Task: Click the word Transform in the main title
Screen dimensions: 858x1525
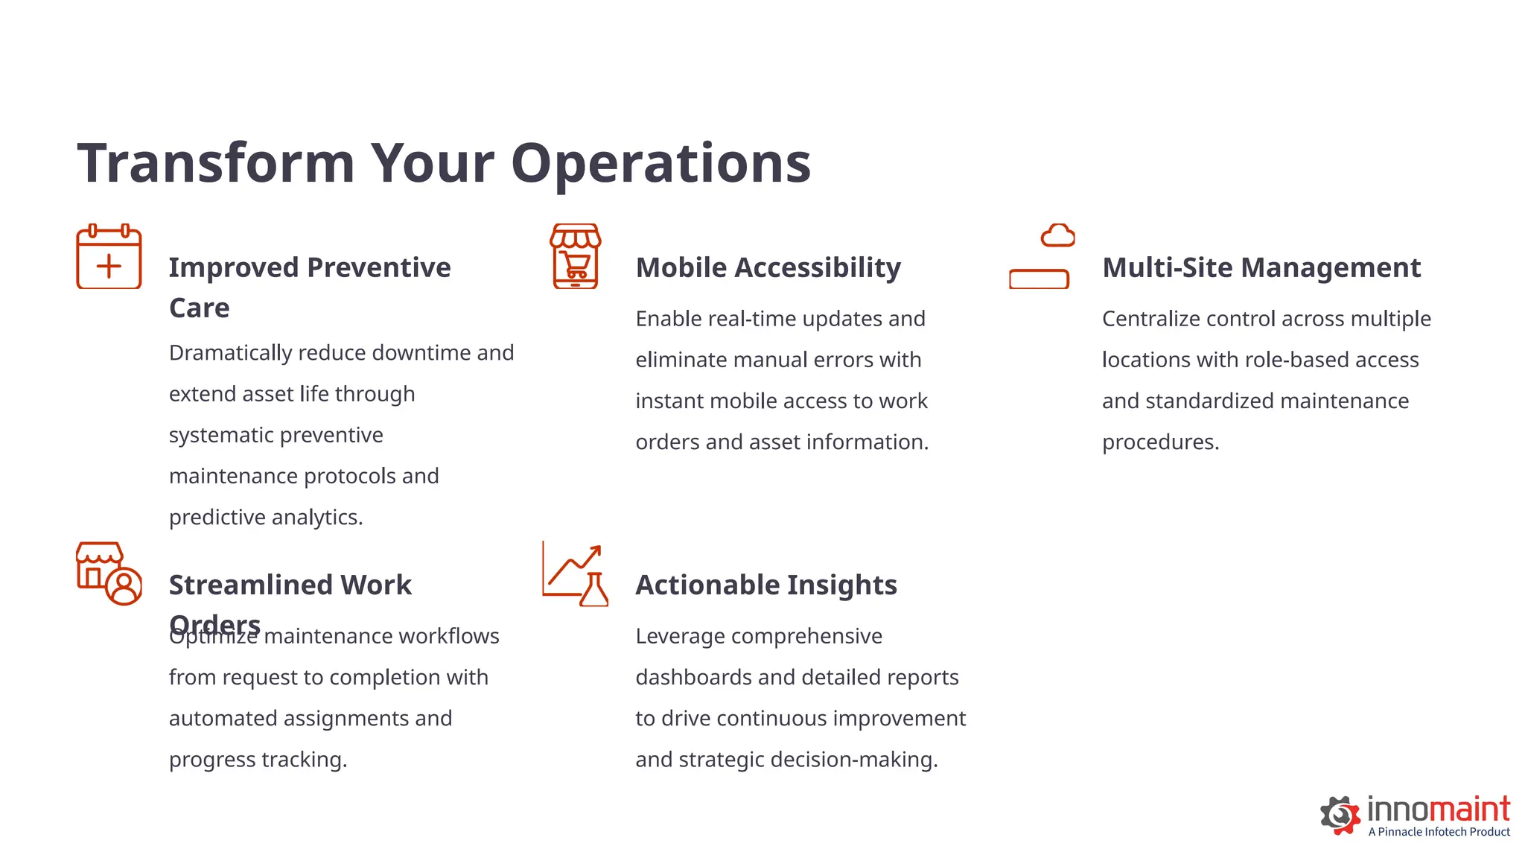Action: [x=216, y=163]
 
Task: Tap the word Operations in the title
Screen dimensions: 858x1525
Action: [x=660, y=163]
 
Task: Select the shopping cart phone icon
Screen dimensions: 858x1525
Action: [x=575, y=256]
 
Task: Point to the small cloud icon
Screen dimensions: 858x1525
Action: [x=1057, y=235]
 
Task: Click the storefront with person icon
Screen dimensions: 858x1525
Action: [x=109, y=573]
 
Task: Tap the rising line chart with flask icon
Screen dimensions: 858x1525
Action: [x=575, y=573]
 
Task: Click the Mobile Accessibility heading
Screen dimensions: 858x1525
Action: [x=768, y=267]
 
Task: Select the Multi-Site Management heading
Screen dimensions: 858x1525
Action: [x=1261, y=267]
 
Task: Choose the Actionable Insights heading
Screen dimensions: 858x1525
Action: [x=766, y=585]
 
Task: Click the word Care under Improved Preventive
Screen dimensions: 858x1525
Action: [x=199, y=308]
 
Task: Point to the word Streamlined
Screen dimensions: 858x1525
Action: [x=249, y=585]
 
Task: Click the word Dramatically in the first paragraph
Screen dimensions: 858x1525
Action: [x=230, y=353]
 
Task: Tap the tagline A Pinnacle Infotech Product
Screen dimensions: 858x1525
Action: [x=1439, y=832]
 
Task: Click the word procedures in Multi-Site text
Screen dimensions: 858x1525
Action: [x=1160, y=442]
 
